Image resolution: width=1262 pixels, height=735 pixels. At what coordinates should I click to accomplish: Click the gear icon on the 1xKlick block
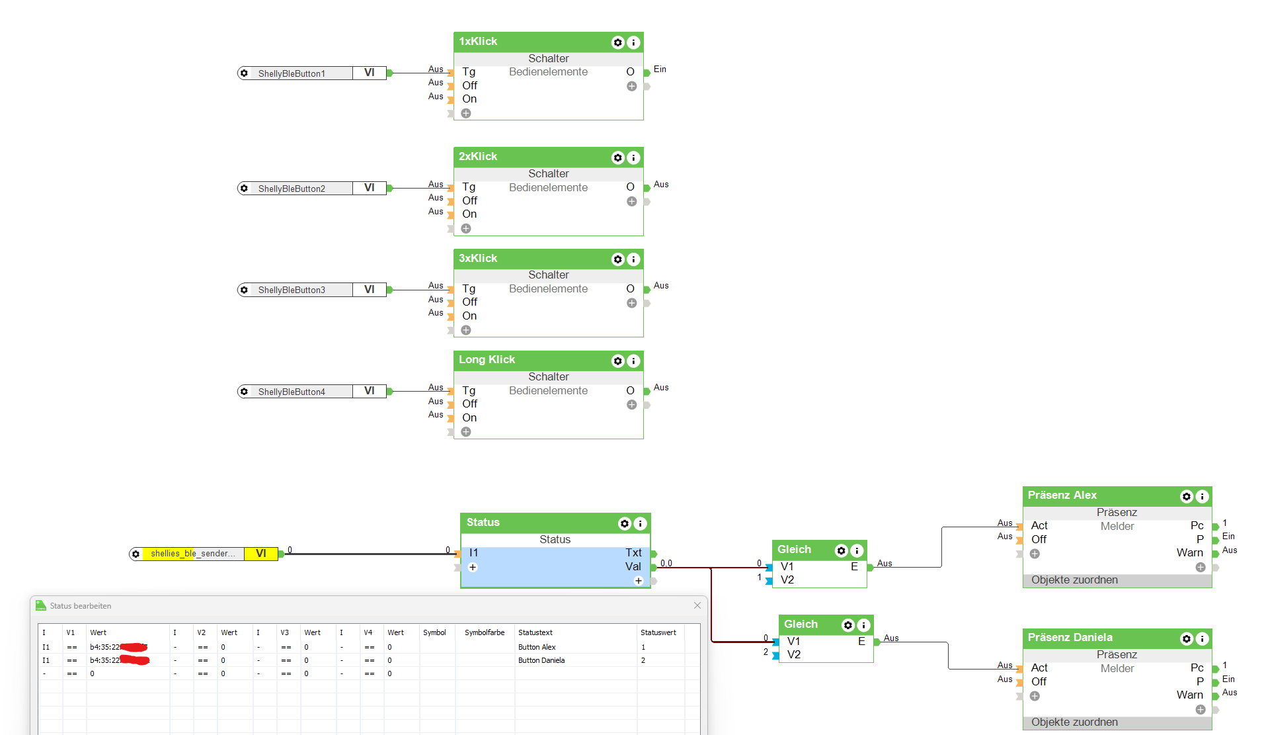tap(617, 42)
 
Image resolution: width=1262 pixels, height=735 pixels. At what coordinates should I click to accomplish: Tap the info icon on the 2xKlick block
tap(633, 157)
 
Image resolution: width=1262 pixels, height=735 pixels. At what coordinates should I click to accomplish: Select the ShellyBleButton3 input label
tap(292, 290)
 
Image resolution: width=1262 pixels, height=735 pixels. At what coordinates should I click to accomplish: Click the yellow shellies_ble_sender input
tap(192, 554)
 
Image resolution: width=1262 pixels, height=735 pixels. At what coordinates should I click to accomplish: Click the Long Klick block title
tap(487, 360)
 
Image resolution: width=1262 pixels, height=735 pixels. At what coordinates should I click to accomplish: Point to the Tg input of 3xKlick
tap(469, 289)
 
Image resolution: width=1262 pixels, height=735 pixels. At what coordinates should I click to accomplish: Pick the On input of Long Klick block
tap(469, 418)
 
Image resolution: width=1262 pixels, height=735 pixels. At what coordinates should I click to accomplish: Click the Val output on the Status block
tap(633, 567)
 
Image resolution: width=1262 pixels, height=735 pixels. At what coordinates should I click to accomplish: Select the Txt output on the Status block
tap(633, 553)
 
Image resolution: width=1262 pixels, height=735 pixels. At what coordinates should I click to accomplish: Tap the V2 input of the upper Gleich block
tap(787, 580)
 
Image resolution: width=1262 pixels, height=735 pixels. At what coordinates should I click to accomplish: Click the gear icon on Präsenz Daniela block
tap(1187, 638)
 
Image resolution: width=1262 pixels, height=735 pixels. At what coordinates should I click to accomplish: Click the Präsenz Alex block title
tap(1062, 496)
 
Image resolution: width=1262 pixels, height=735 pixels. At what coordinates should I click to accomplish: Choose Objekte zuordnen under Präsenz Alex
tap(1074, 580)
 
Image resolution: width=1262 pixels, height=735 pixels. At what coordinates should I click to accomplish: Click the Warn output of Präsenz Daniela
tap(1189, 695)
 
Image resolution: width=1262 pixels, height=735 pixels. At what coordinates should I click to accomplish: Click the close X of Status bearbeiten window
tap(697, 605)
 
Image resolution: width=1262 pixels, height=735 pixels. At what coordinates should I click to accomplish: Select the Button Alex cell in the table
tap(537, 647)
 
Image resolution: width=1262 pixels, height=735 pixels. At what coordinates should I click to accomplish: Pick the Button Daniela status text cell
tap(541, 660)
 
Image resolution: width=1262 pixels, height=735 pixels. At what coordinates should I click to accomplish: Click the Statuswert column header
tap(658, 632)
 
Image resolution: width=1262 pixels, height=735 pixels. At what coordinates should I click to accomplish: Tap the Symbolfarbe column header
tap(484, 632)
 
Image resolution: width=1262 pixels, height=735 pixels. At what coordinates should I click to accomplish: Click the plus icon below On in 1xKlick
tap(466, 113)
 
